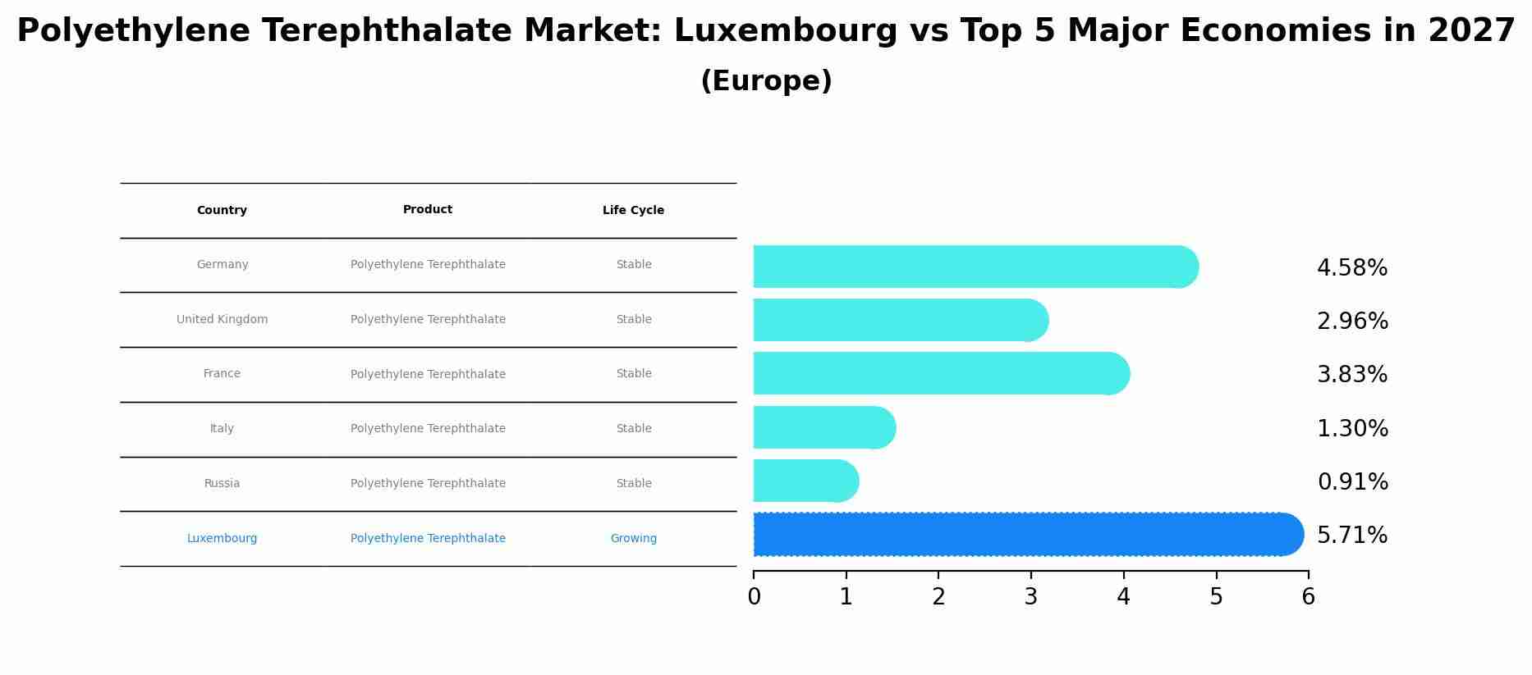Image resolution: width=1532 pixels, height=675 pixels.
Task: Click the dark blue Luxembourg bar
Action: [1026, 535]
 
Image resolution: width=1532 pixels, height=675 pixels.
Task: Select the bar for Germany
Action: [973, 267]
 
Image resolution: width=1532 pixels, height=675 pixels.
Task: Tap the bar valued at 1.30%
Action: [823, 427]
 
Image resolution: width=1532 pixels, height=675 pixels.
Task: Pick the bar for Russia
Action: [805, 481]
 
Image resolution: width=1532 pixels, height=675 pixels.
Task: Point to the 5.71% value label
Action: [1351, 536]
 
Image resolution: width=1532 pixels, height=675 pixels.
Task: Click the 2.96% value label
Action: [1351, 322]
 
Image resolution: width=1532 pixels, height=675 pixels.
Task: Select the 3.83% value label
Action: [1351, 375]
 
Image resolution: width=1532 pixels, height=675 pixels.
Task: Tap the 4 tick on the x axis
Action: [1123, 597]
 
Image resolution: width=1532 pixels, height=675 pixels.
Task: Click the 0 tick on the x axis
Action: [754, 597]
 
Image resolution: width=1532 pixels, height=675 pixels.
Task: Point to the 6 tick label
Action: [1308, 597]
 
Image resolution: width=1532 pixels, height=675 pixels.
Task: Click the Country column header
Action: [222, 211]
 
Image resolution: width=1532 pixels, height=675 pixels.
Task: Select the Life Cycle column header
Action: [633, 211]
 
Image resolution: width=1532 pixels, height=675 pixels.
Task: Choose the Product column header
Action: [428, 210]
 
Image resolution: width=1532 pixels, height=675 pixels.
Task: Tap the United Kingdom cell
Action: [222, 320]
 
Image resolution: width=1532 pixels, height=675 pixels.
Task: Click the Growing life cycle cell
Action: [633, 539]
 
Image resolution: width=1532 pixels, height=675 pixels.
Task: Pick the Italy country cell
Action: [222, 429]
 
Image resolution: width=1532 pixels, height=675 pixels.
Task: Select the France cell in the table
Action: [222, 374]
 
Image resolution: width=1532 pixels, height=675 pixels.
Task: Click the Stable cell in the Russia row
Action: [633, 484]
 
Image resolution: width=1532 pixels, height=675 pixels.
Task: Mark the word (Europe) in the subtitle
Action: [766, 81]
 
